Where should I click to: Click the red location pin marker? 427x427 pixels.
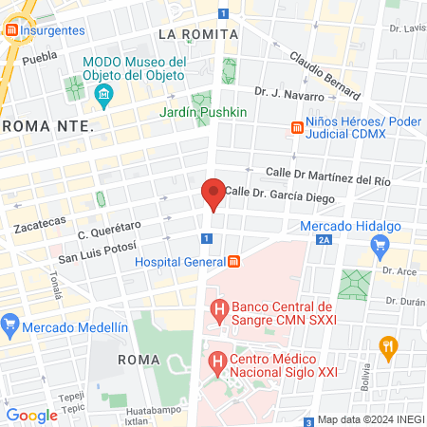pyautogui.click(x=213, y=195)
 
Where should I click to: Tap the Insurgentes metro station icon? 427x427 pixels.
pyautogui.click(x=11, y=30)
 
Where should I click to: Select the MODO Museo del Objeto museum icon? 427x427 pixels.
pyautogui.click(x=103, y=94)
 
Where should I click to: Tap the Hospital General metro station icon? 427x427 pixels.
pyautogui.click(x=234, y=261)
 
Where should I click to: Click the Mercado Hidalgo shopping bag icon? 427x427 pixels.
pyautogui.click(x=381, y=247)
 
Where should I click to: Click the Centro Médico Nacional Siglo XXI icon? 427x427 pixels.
pyautogui.click(x=217, y=362)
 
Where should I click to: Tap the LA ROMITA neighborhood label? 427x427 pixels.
pyautogui.click(x=197, y=34)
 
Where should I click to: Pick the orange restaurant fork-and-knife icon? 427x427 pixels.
pyautogui.click(x=387, y=346)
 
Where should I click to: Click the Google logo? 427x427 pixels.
pyautogui.click(x=32, y=415)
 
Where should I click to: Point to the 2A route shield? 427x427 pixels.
pyautogui.click(x=325, y=241)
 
